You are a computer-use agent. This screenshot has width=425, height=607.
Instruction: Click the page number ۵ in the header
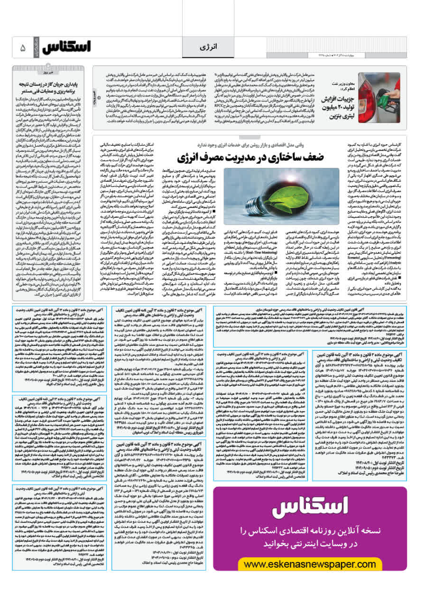pos(22,48)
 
